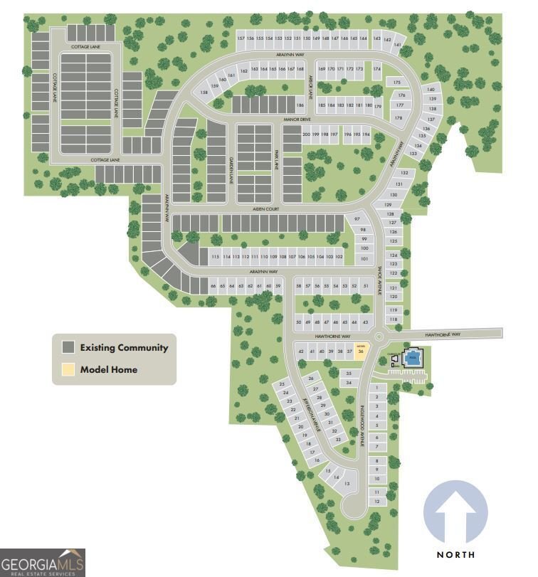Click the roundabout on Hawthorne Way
(379, 337)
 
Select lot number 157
(241, 38)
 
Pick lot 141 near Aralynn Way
(398, 44)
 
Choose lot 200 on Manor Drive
(307, 134)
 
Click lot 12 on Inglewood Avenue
(377, 501)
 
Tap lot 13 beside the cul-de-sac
(347, 484)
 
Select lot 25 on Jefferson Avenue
(283, 384)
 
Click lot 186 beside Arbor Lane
(300, 105)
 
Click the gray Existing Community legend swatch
(68, 348)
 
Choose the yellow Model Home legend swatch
(68, 369)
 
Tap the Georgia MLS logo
(43, 562)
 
